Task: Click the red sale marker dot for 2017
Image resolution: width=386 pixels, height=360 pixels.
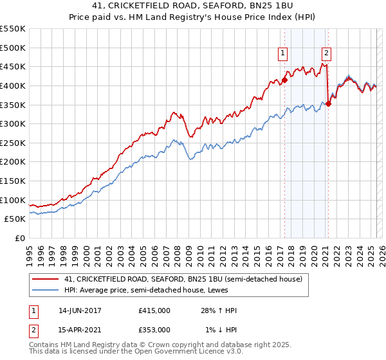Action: (284, 80)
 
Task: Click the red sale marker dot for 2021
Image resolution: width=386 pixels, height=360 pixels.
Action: (328, 104)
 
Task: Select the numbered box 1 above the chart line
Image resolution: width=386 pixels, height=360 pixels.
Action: (283, 53)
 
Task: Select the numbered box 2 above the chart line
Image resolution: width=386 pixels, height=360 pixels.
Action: (327, 53)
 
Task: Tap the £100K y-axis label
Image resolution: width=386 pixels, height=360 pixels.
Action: (14, 200)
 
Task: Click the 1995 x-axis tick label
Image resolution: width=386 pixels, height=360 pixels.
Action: (29, 251)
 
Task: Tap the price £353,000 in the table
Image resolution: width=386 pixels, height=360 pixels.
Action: (154, 329)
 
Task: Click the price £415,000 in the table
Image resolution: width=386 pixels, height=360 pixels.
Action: (154, 310)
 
